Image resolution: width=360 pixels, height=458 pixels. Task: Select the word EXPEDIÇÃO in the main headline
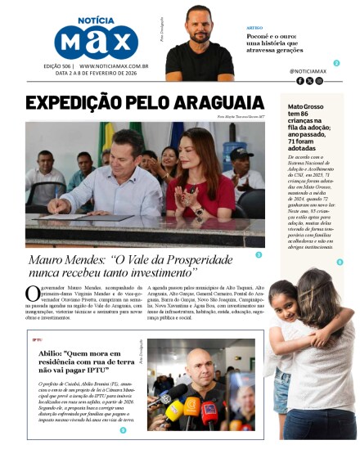tap(75, 103)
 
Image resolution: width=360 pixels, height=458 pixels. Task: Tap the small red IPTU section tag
tap(36, 339)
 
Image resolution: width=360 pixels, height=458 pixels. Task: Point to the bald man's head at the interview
tap(197, 361)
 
